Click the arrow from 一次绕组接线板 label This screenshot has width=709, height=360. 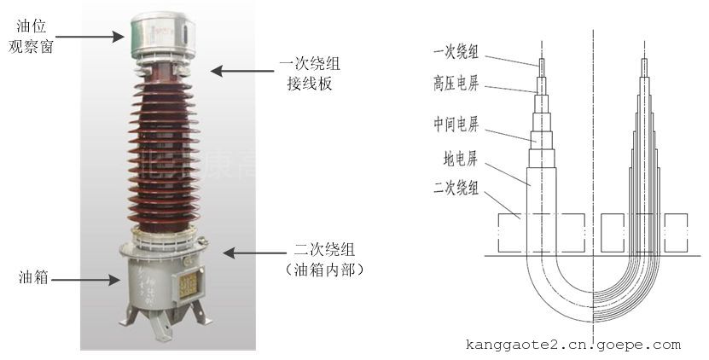point(240,73)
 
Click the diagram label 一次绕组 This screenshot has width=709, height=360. point(455,53)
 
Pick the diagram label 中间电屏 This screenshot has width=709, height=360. point(455,126)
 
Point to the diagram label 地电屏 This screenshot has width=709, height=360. point(460,159)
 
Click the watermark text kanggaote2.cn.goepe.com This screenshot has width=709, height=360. point(573,345)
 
